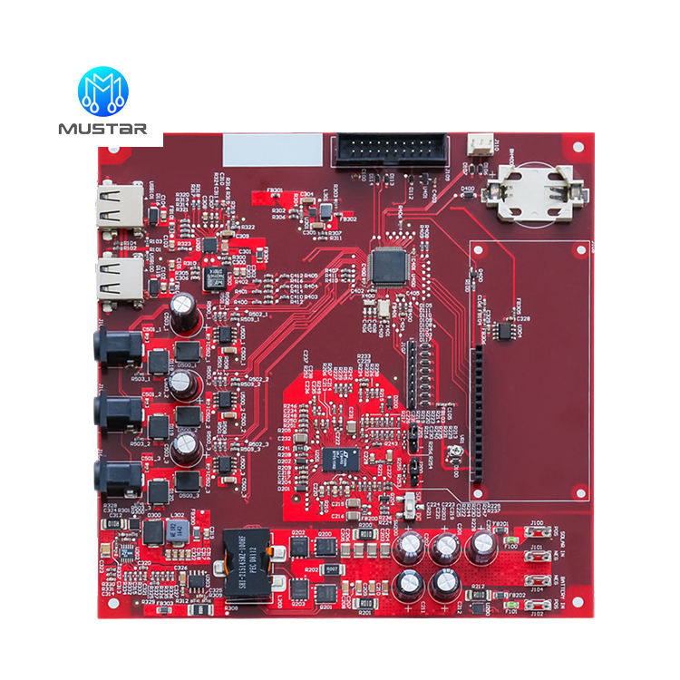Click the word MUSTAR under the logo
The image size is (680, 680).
pyautogui.click(x=102, y=130)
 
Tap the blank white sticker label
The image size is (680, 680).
pyautogui.click(x=273, y=149)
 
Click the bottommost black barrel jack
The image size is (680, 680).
pyautogui.click(x=117, y=477)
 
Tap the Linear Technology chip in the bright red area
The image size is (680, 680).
pyautogui.click(x=335, y=456)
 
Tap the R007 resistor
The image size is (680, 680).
pyautogui.click(x=332, y=568)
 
